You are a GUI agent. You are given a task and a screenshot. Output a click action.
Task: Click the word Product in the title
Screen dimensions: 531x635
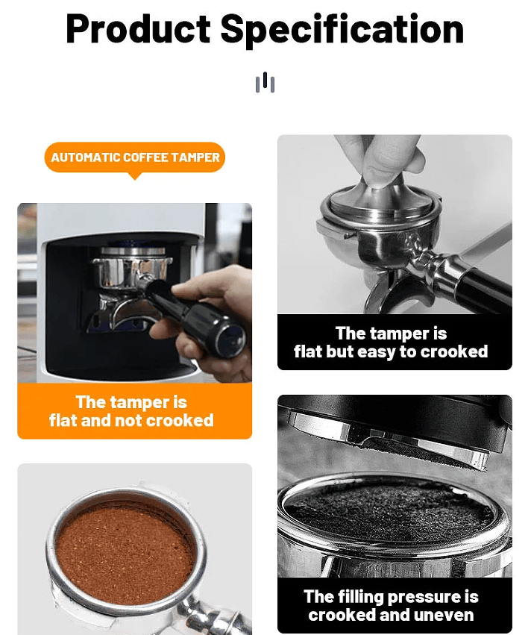[x=138, y=29]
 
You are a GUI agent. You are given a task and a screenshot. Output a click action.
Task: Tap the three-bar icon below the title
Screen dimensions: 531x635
[x=265, y=82]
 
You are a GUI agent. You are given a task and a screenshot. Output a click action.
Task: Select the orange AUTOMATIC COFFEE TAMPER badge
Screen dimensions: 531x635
[x=134, y=157]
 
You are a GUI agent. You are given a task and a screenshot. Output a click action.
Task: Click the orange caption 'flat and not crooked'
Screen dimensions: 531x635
[x=131, y=420]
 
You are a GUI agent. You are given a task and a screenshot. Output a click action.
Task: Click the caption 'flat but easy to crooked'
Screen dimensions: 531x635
[x=391, y=351]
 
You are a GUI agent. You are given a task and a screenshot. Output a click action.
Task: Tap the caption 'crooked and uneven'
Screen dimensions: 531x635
[x=391, y=615]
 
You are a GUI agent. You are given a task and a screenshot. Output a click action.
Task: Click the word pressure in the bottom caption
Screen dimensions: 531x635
[x=420, y=597]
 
